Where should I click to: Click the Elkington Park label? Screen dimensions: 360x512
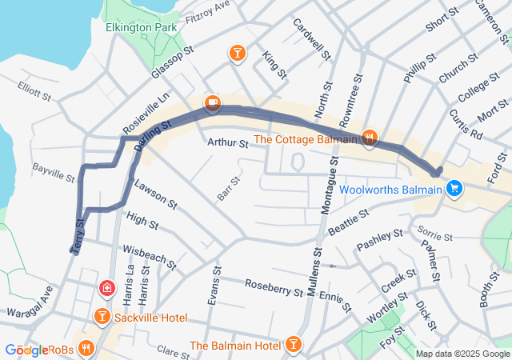pos(140,27)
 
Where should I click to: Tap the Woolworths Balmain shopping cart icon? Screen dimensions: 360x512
pos(454,189)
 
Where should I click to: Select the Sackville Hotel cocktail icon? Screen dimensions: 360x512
pos(102,318)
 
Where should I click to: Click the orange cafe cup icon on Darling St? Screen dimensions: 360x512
pos(212,102)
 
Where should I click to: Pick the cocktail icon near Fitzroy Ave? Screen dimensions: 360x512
pos(238,54)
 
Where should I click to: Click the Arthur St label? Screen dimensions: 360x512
pos(229,143)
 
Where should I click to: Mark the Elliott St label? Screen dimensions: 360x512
pos(34,94)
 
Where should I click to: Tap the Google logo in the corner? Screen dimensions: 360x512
pos(26,350)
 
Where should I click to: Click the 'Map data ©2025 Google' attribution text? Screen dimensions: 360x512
pos(462,354)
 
